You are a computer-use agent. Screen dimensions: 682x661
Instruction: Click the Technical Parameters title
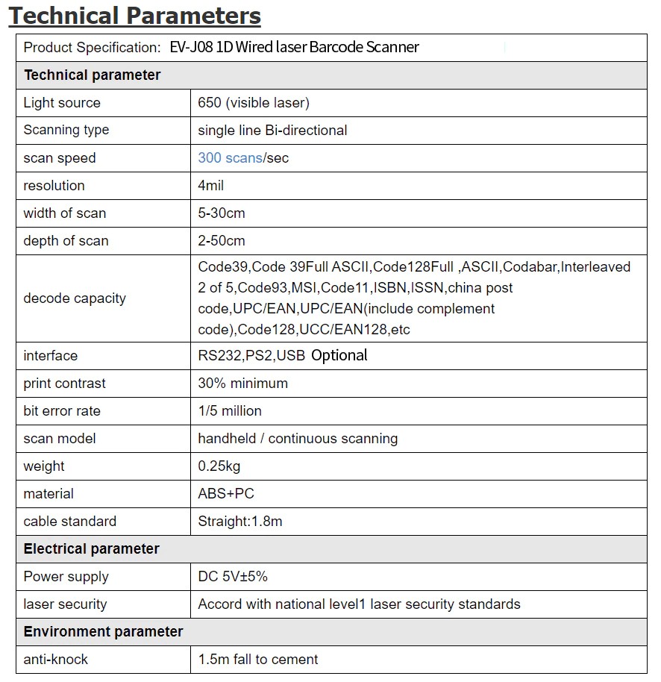tap(135, 16)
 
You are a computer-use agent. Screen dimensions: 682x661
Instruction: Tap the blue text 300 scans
tap(230, 158)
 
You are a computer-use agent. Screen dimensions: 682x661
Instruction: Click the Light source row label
tap(62, 103)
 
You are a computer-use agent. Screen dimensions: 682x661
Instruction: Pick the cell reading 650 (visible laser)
tap(254, 103)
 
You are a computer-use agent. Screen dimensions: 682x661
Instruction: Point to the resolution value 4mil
tap(211, 186)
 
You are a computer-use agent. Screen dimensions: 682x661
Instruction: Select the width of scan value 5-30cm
tap(222, 213)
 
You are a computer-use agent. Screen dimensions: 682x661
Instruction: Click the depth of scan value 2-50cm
tap(222, 241)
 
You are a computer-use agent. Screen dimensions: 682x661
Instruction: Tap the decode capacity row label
tap(75, 298)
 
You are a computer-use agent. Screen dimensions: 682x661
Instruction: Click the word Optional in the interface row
tap(339, 356)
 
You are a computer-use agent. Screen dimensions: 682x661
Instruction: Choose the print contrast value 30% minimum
tap(242, 384)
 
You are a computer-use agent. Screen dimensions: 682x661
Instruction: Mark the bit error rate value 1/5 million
tap(230, 411)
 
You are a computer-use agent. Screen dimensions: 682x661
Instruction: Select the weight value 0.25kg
tap(219, 466)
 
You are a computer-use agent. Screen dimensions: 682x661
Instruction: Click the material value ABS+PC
tap(226, 494)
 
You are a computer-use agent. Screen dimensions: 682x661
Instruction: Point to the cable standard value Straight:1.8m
tap(240, 522)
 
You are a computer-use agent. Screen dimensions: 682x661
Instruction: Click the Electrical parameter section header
tap(92, 549)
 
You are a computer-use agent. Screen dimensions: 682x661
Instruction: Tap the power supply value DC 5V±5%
tap(233, 577)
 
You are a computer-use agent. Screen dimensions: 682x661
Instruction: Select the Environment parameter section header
tap(104, 632)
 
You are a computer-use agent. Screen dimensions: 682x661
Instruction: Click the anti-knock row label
tap(56, 660)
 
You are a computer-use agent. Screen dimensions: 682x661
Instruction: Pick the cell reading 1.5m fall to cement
tap(258, 660)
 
